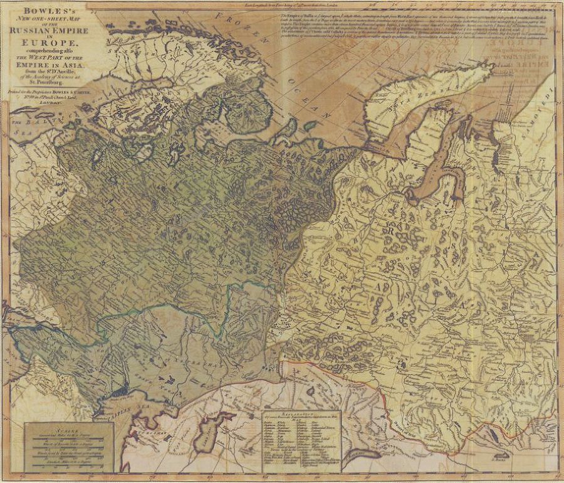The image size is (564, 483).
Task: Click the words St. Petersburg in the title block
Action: [51, 82]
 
